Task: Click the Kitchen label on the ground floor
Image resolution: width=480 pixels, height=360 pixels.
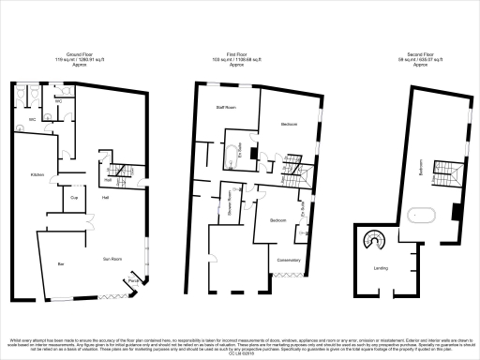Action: pos(37,175)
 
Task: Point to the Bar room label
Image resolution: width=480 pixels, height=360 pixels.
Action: pos(61,264)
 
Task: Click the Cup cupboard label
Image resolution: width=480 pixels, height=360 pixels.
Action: pos(73,198)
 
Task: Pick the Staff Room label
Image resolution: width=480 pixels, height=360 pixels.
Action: pos(226,109)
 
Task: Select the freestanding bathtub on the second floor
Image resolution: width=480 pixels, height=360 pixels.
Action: pos(420,216)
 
